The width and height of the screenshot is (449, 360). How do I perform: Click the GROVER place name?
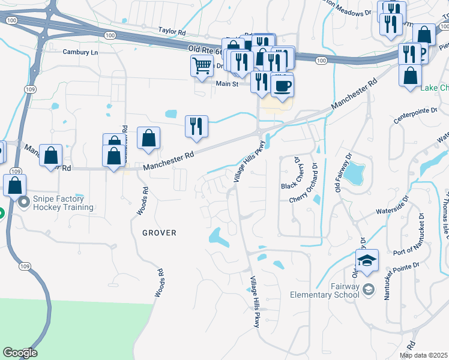[159, 233]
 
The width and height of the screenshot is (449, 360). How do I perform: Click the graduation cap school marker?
[367, 261]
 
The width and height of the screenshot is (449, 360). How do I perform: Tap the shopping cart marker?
[202, 65]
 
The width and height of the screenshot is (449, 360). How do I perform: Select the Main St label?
[228, 84]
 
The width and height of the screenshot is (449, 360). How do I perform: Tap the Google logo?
[20, 353]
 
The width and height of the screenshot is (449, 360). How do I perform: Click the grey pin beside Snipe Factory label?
[24, 202]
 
